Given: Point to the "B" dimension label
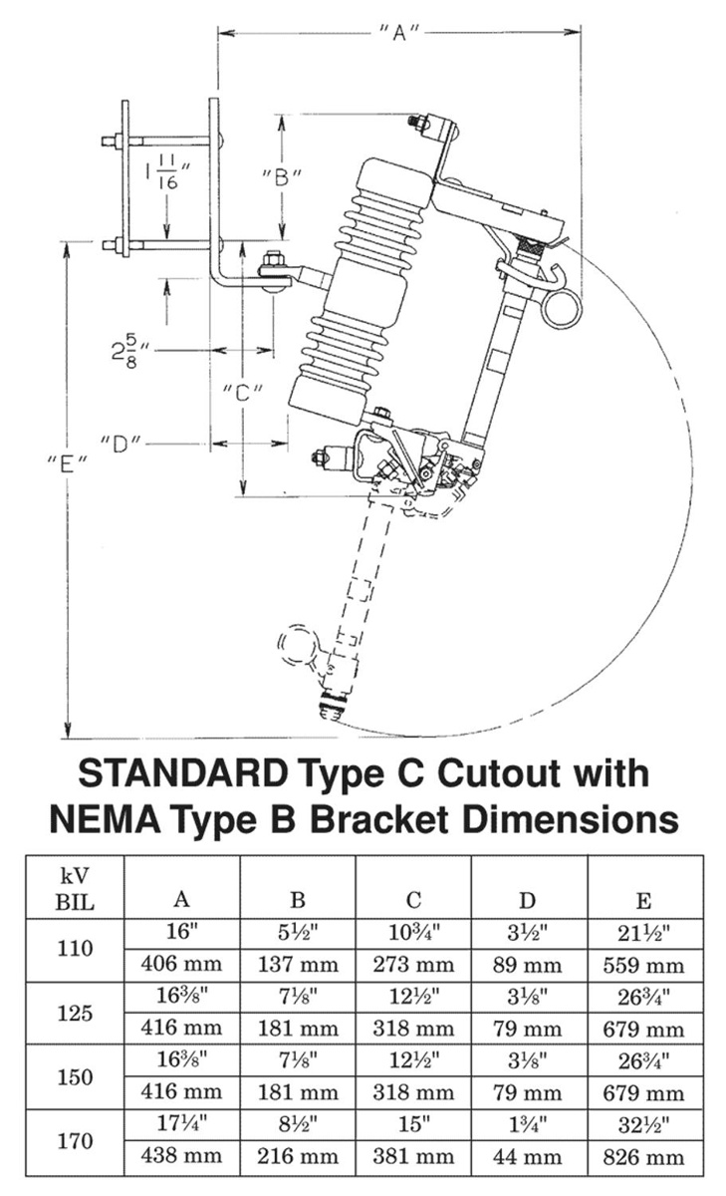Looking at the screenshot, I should [282, 178].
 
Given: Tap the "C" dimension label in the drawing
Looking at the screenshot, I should [242, 391].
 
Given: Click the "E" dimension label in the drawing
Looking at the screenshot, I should [67, 462].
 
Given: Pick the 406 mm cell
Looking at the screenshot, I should [182, 965].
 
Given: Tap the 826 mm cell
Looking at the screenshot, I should [643, 1157].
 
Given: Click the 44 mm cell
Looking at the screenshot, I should [528, 1157].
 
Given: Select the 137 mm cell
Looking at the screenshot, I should [298, 965].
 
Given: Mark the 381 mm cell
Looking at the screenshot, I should [412, 1157].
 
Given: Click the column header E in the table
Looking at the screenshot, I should [643, 901].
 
